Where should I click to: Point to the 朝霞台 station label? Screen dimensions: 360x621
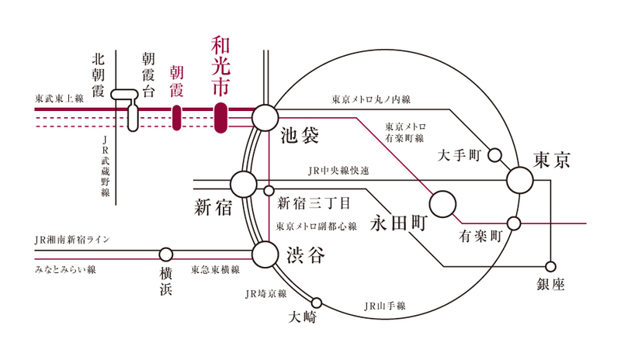149,74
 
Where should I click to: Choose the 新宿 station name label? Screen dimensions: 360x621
213,207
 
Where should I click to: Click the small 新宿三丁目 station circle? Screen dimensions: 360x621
269,190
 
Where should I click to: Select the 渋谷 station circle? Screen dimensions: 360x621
265,253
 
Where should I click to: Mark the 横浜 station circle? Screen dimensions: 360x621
166,254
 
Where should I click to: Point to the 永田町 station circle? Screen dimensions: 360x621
443,204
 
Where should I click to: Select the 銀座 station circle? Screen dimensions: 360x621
551,266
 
